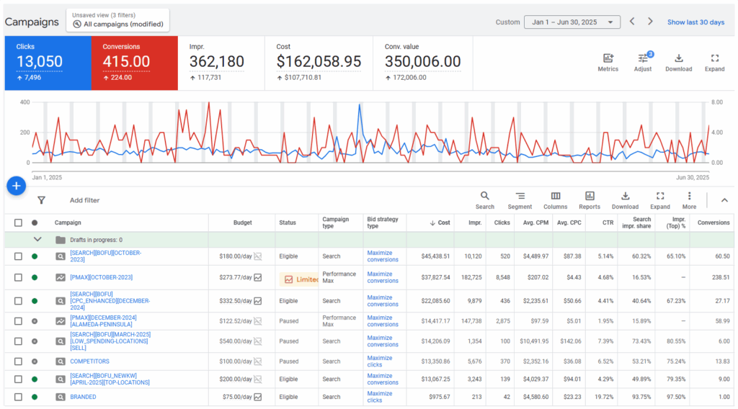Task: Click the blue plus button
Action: (17, 186)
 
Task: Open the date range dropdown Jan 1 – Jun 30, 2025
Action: (572, 22)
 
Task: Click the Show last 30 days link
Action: (695, 22)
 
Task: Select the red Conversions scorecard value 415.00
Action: (126, 62)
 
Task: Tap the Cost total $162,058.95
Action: (319, 62)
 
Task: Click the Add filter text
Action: (84, 200)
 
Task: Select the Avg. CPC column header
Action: (568, 223)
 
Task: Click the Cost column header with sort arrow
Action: (440, 223)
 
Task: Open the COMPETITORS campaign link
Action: (89, 361)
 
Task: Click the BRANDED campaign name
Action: (83, 397)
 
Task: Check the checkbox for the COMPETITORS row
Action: (18, 361)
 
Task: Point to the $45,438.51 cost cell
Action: (430, 256)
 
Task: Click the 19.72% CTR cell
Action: (604, 397)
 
